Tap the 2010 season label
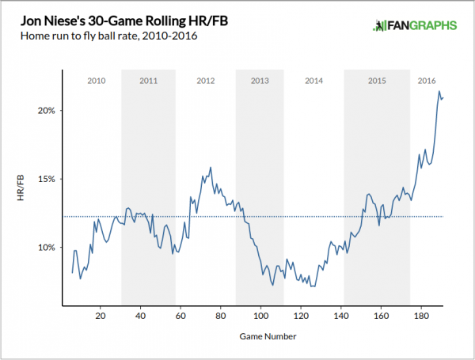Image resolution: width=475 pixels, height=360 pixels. click(97, 81)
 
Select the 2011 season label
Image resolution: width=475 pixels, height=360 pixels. click(148, 81)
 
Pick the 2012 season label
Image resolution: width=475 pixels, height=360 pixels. click(206, 81)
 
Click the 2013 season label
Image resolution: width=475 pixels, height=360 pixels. click(260, 81)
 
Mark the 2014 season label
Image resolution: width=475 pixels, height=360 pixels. click(313, 81)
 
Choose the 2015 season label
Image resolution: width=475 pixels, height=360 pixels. click(377, 81)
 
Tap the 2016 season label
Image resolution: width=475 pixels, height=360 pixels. click(427, 81)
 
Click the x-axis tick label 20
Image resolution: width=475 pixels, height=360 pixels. click(100, 316)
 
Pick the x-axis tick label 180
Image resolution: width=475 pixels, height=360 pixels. click(422, 316)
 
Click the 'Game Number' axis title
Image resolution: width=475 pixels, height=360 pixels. click(268, 337)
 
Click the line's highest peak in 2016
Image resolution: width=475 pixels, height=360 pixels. click(439, 91)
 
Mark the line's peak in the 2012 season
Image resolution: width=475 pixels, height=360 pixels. click(211, 167)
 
